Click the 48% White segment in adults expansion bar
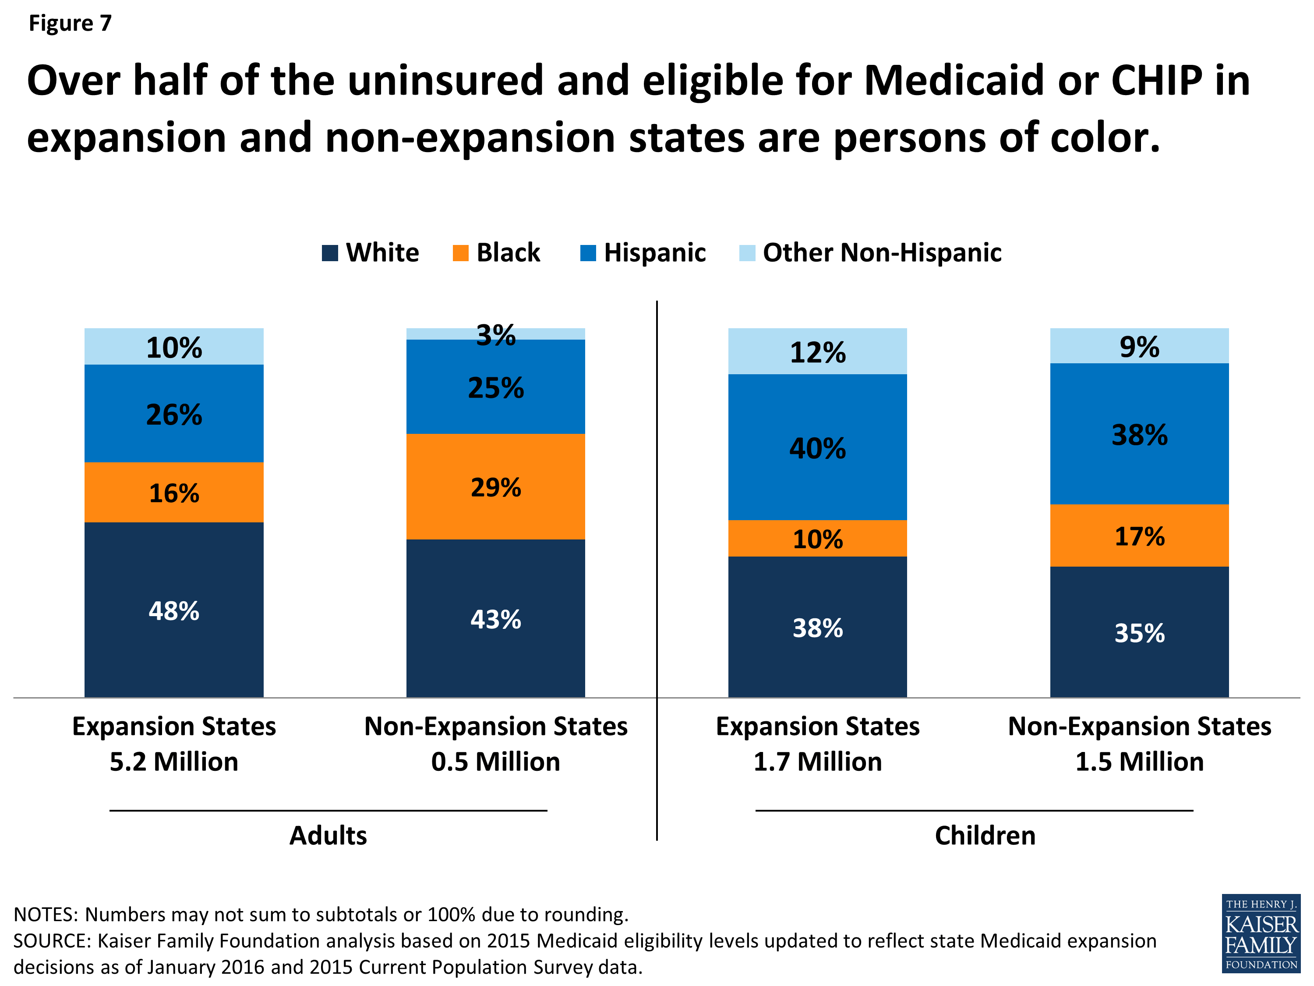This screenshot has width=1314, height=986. [x=173, y=610]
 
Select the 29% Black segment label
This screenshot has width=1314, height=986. [x=495, y=487]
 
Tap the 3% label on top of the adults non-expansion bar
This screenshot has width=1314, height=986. [x=495, y=335]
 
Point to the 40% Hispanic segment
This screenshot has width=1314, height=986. [x=817, y=447]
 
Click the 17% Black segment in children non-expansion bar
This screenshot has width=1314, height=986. [x=1139, y=536]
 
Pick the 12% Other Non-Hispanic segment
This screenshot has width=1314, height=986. [x=817, y=352]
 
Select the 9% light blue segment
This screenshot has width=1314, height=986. [x=1139, y=346]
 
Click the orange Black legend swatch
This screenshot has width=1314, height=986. [x=460, y=252]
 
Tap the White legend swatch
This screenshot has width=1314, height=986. [x=330, y=252]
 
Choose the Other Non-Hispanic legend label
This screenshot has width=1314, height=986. [x=882, y=252]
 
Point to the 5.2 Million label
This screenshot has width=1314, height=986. [x=173, y=761]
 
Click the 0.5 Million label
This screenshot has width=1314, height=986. [x=495, y=761]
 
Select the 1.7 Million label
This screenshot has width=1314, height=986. [x=817, y=761]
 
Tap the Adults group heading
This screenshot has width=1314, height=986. [x=328, y=835]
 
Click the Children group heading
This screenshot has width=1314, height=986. [x=985, y=835]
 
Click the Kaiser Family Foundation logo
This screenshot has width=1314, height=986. [x=1261, y=933]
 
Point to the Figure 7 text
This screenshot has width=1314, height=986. [x=70, y=23]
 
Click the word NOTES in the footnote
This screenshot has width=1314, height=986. [x=45, y=914]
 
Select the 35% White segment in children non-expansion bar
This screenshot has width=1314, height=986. [x=1139, y=632]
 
